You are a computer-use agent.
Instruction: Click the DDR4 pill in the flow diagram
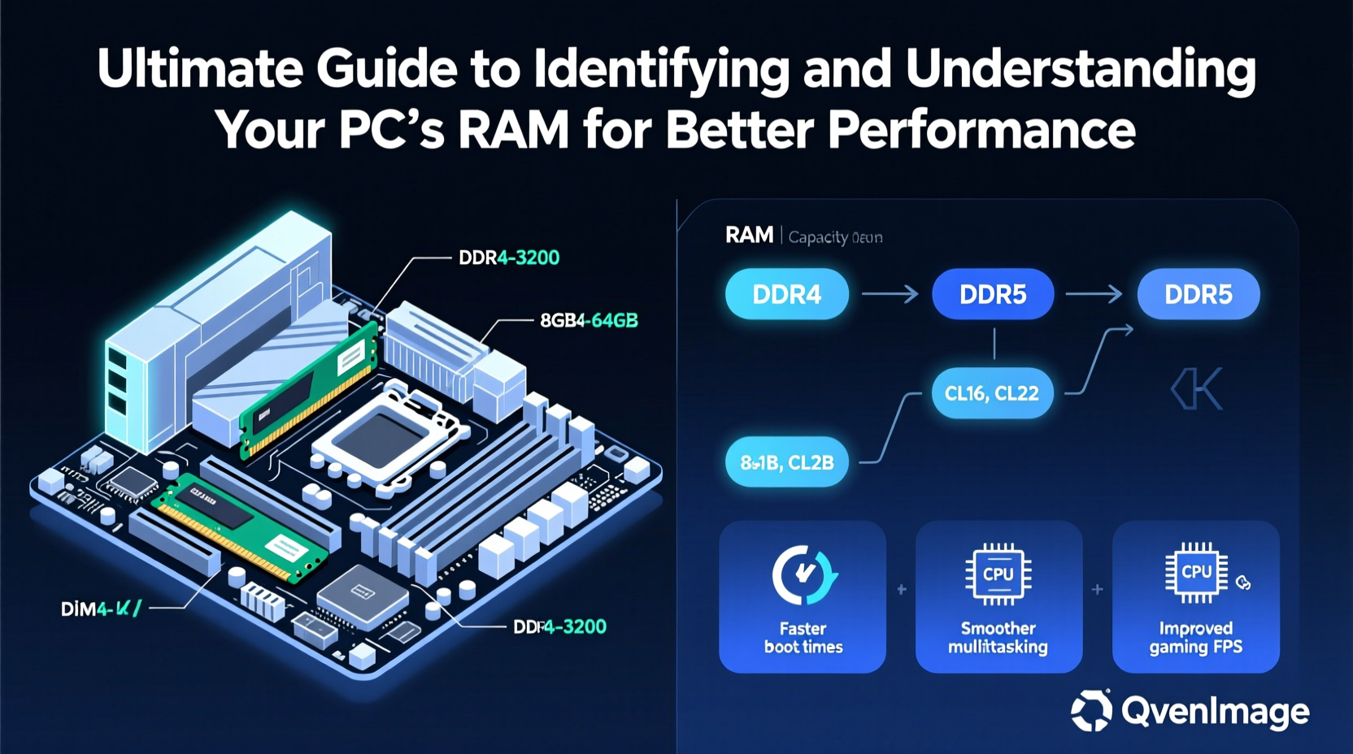[x=786, y=294]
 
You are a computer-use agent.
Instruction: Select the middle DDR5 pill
[x=992, y=294]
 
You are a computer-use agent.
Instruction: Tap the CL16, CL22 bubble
[x=991, y=393]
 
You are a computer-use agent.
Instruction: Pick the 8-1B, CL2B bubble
[x=786, y=462]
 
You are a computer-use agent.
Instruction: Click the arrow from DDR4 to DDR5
[x=890, y=293]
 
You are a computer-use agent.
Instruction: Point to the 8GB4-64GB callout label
[x=589, y=321]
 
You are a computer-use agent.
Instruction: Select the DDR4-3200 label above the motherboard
[x=509, y=258]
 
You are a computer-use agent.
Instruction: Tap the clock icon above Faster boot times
[x=803, y=575]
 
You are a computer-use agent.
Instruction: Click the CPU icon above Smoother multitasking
[x=998, y=574]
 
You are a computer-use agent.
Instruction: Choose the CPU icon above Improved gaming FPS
[x=1196, y=572]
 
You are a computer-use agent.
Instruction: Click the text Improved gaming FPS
[x=1195, y=638]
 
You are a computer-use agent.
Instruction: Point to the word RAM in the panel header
[x=749, y=236]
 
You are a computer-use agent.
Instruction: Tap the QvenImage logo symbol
[x=1091, y=710]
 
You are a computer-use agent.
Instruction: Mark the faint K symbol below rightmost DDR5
[x=1197, y=389]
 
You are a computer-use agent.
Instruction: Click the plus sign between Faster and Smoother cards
[x=901, y=590]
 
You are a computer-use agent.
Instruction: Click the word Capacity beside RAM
[x=818, y=237]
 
